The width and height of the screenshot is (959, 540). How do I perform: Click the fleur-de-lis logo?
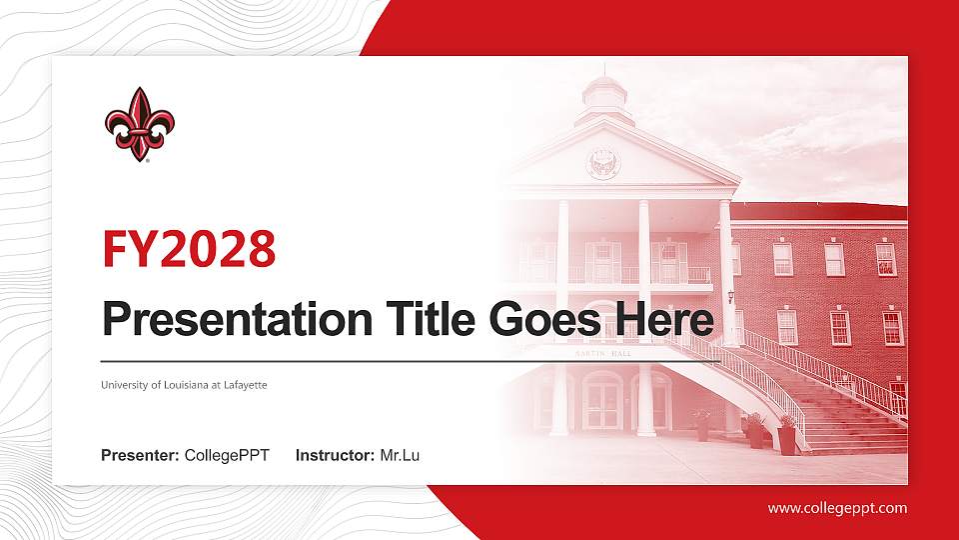pyautogui.click(x=140, y=123)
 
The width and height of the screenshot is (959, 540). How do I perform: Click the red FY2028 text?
pyautogui.click(x=189, y=249)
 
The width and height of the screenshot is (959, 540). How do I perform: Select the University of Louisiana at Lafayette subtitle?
pyautogui.click(x=184, y=384)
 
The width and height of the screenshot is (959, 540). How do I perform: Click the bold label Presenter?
pyautogui.click(x=140, y=456)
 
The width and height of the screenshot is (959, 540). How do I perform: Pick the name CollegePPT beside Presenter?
pyautogui.click(x=227, y=456)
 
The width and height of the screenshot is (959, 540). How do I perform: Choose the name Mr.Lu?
pyautogui.click(x=400, y=456)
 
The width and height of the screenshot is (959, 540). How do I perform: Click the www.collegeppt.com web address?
pyautogui.click(x=837, y=508)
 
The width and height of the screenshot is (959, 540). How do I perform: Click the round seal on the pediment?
pyautogui.click(x=603, y=163)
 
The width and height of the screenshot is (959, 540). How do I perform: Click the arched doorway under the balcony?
pyautogui.click(x=602, y=400)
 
